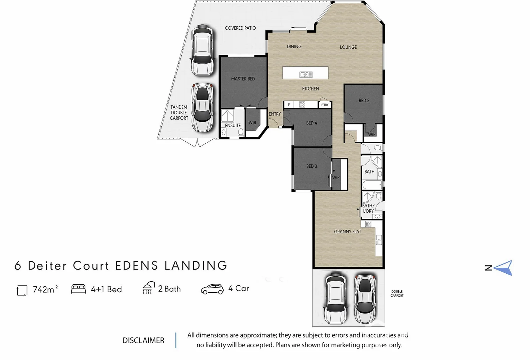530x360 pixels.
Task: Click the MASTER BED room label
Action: [x=243, y=79]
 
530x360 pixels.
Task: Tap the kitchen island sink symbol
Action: [x=306, y=75]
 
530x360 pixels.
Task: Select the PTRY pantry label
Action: [x=325, y=105]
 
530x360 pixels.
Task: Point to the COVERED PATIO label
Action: [x=240, y=28]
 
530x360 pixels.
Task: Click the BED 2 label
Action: [x=364, y=100]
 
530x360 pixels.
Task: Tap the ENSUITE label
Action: [x=232, y=125]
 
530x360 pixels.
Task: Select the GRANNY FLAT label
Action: [x=347, y=232]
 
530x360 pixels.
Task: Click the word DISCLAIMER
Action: [x=143, y=340]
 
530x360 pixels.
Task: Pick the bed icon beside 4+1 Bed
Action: [x=78, y=289]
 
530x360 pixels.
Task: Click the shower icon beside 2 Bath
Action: [x=148, y=288]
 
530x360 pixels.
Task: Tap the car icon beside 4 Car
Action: [x=212, y=289]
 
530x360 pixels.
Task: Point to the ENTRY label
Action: [x=275, y=114]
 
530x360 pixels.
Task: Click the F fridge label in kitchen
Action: [x=289, y=105]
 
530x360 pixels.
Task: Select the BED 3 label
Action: [x=312, y=166]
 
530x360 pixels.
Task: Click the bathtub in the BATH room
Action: [x=371, y=185]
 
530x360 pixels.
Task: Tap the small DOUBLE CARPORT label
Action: [x=397, y=293]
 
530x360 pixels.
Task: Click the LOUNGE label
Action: [x=348, y=47]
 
